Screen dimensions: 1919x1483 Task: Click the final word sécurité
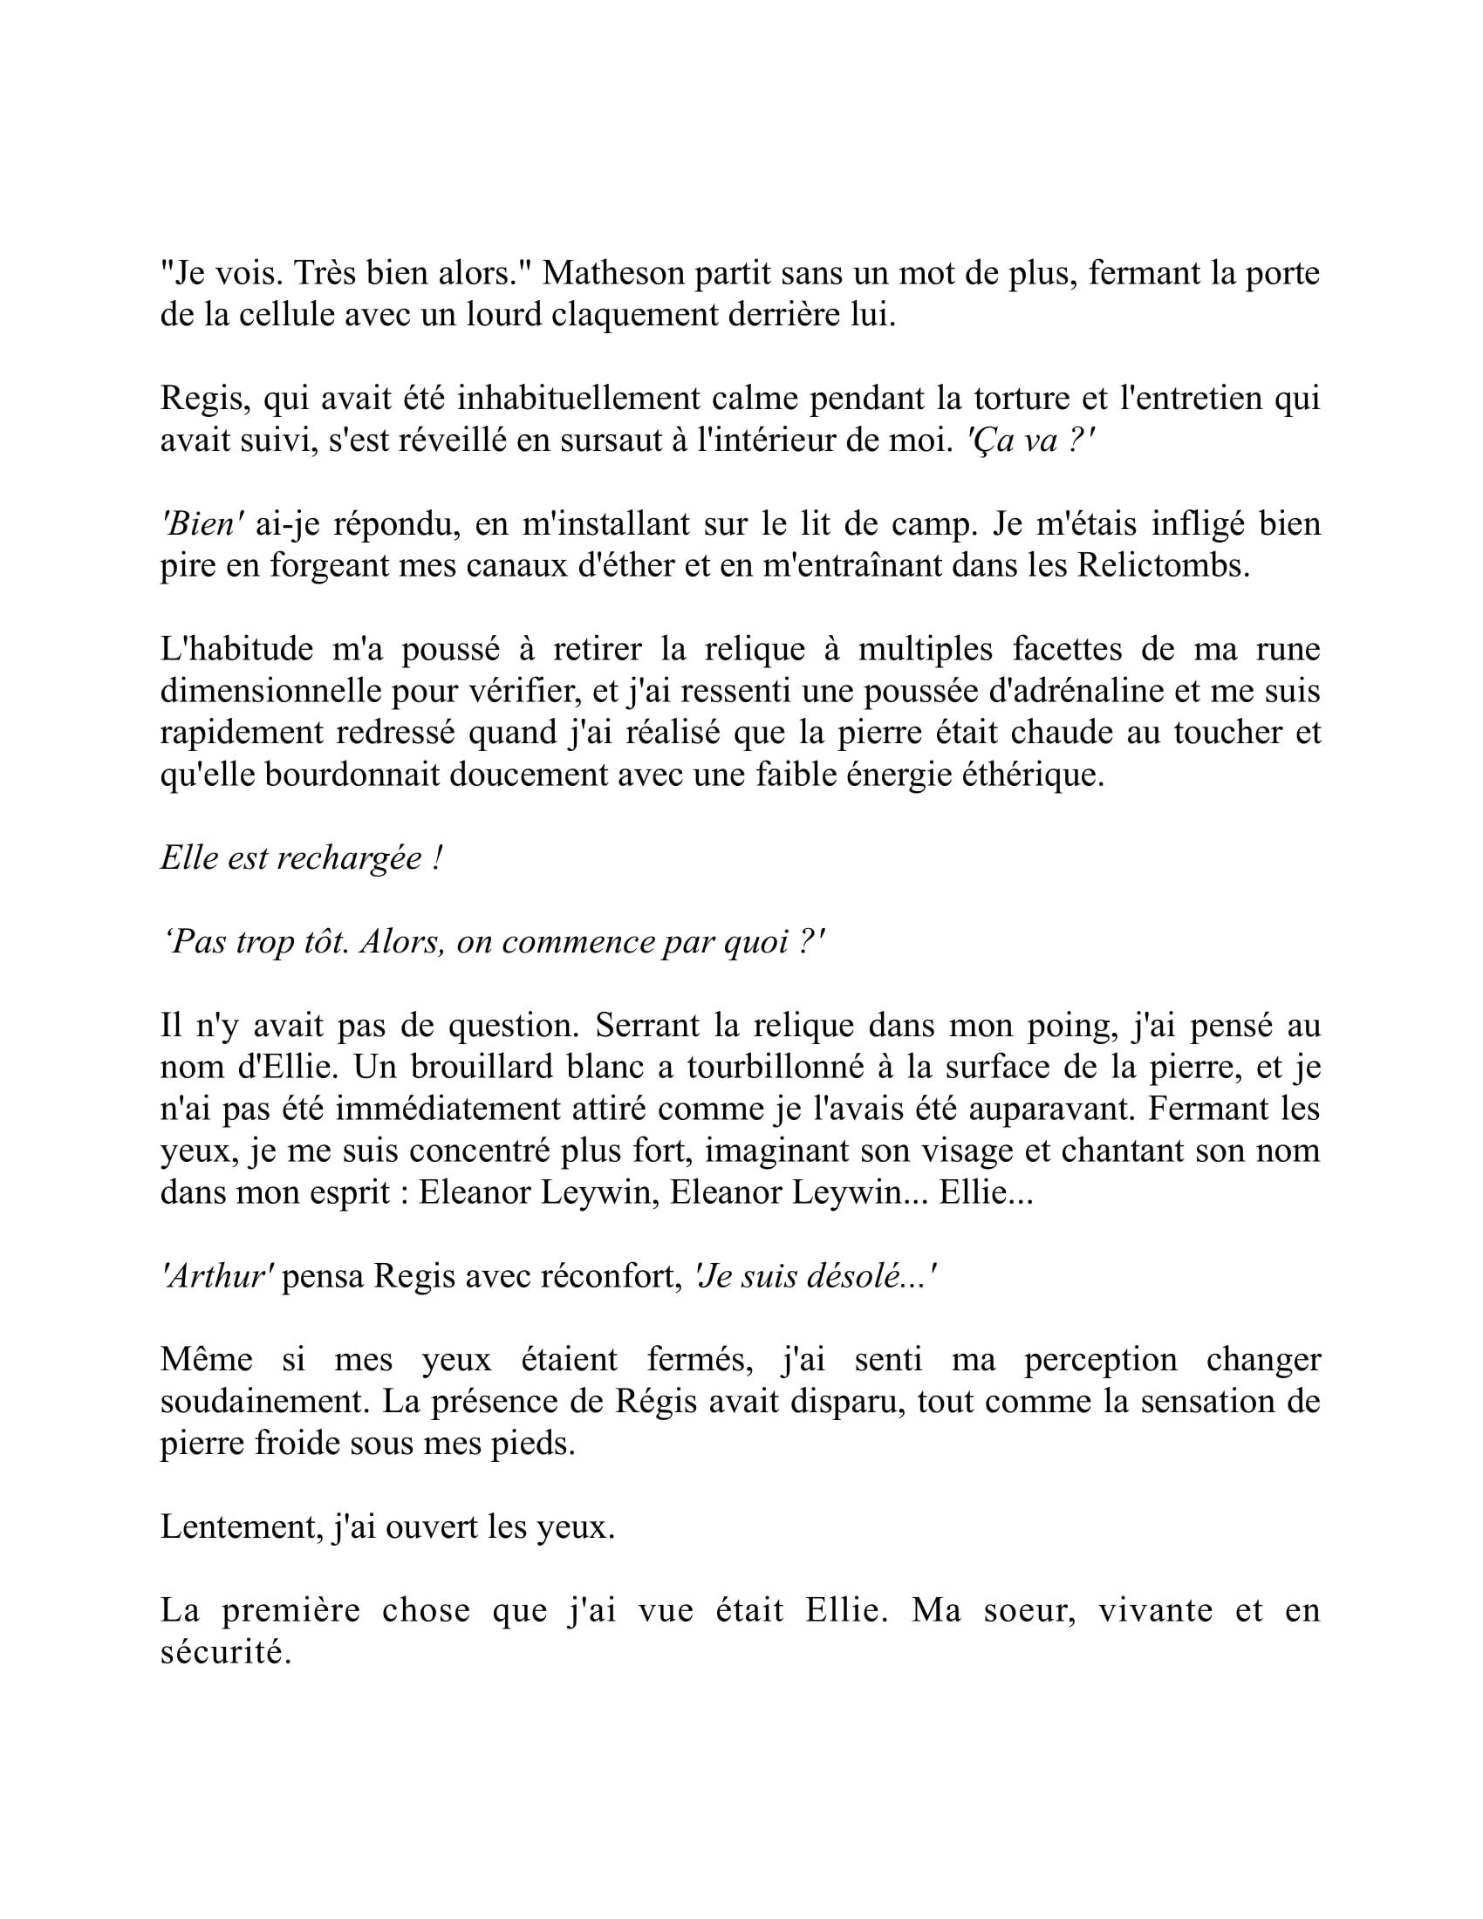coord(225,1653)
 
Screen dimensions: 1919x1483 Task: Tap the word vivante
coord(1155,1610)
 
